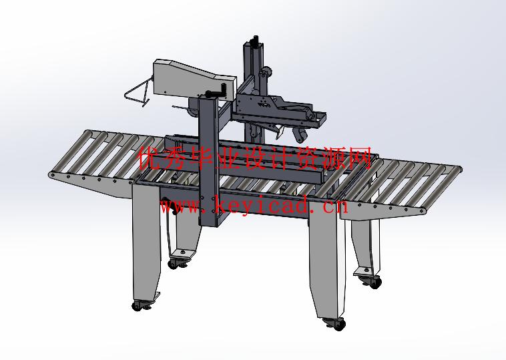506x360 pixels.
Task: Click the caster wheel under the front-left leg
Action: tap(138, 305)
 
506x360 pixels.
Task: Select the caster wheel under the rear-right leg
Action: tap(375, 283)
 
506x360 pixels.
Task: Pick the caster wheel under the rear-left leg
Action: tap(174, 264)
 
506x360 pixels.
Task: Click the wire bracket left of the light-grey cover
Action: tap(137, 92)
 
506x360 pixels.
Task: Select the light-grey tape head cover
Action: tap(195, 80)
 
